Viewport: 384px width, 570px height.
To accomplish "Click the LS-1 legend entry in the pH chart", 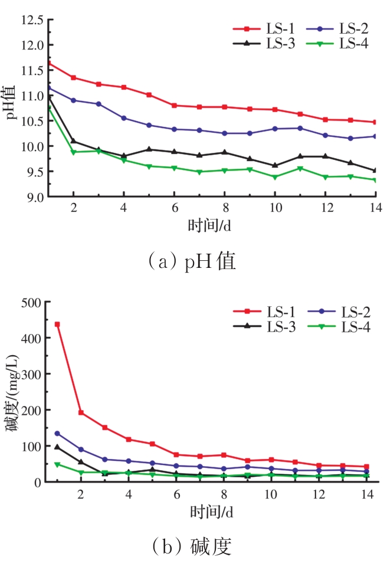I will [264, 28].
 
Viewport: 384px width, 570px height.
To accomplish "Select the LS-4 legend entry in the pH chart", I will [337, 44].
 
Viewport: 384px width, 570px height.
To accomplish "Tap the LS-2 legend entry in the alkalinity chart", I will [338, 311].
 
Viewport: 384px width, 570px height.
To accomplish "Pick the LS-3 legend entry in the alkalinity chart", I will [264, 326].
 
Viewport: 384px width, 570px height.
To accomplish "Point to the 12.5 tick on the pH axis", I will [32, 20].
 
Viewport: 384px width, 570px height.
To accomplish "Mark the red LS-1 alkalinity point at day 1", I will [57, 325].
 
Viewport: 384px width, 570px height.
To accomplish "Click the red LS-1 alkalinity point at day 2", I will [80, 412].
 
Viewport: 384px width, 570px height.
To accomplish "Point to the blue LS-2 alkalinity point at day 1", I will [57, 433].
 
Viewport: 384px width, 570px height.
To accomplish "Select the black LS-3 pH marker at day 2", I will [73, 141].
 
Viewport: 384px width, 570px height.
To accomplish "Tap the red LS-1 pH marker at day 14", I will [375, 122].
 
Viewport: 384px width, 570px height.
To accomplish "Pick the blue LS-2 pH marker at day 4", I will [123, 118].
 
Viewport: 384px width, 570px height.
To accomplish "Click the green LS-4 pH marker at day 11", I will [300, 168].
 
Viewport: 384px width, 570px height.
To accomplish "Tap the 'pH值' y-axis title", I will [12, 102].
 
